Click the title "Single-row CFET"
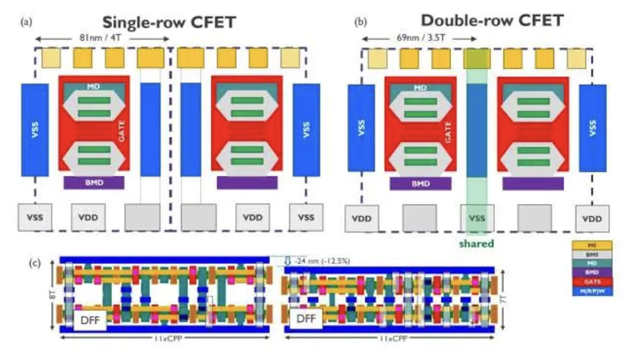(x=169, y=22)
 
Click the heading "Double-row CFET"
(x=492, y=20)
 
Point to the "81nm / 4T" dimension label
(x=100, y=38)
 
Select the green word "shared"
(x=476, y=244)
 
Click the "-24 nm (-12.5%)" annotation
(x=322, y=261)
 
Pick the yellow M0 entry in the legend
(x=592, y=245)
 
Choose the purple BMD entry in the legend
(x=592, y=272)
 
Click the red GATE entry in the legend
(x=592, y=281)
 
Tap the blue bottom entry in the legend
(x=592, y=291)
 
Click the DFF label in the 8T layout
(x=90, y=320)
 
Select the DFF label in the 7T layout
(x=306, y=319)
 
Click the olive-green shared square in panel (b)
(x=477, y=58)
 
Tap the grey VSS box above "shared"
(x=477, y=218)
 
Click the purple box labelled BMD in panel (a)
(x=94, y=183)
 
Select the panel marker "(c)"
(x=35, y=263)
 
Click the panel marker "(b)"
(x=360, y=22)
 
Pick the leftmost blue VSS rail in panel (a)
(x=35, y=130)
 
